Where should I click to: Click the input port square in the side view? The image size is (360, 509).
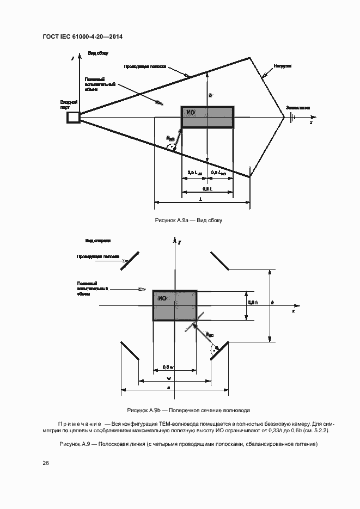[73, 117]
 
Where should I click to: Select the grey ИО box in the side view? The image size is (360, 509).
[207, 118]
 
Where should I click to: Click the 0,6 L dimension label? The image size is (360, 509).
[207, 188]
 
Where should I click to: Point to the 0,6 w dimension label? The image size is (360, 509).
[168, 367]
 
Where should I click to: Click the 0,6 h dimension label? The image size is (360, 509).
[253, 302]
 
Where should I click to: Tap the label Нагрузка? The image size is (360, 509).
[283, 65]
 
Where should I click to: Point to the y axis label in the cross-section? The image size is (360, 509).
[179, 240]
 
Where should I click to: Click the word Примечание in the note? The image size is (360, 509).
[80, 423]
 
